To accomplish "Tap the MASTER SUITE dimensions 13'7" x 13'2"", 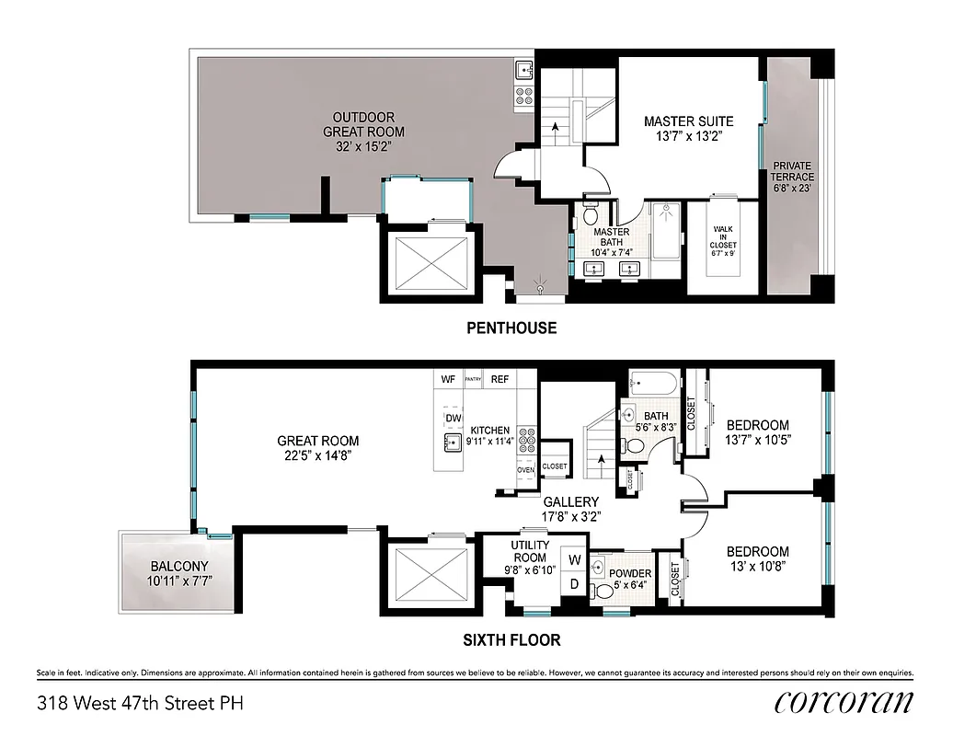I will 688,136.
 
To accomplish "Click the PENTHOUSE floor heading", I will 511,328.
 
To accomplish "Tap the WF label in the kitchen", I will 449,379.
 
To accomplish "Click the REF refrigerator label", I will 499,379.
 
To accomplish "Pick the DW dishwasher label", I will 453,419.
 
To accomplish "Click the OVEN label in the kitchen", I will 525,470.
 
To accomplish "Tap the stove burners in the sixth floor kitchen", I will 526,440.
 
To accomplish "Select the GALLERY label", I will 571,501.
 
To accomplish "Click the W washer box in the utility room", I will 575,558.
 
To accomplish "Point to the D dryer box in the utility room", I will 575,582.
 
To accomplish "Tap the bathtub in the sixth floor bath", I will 654,384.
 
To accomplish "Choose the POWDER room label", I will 630,573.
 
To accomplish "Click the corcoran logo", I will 844,703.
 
